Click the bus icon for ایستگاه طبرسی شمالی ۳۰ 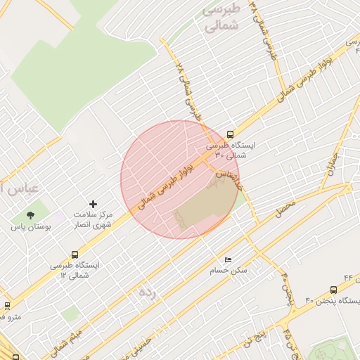coord(231,134)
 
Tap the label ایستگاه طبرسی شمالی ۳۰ coord(231,149)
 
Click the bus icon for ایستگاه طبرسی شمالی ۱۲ coord(75,255)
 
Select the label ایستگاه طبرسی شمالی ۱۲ coord(75,269)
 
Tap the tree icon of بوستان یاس coord(30,215)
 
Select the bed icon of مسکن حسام coord(226,259)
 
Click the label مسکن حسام coord(226,270)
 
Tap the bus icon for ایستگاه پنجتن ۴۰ coord(333,288)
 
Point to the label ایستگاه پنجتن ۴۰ coord(332,301)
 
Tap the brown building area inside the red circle coord(204,206)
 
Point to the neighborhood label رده coord(146,290)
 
